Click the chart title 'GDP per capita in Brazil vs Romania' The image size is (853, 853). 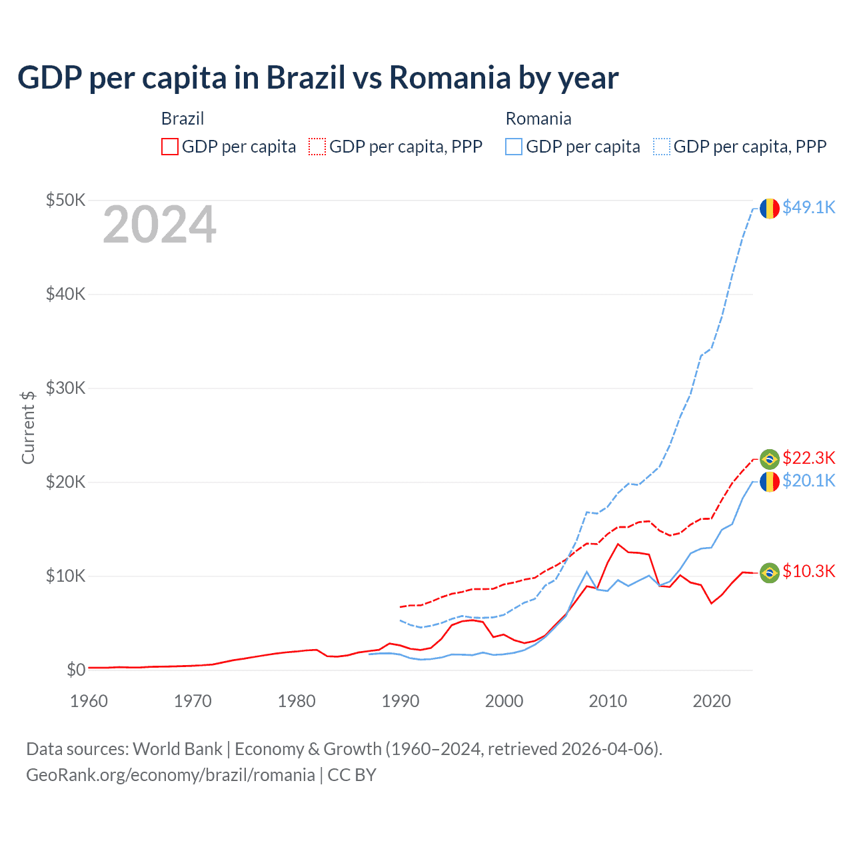coord(318,78)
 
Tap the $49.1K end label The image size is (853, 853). coord(808,208)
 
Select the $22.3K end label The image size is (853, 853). coord(808,458)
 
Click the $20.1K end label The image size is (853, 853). coord(808,480)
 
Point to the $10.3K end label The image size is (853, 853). coord(808,571)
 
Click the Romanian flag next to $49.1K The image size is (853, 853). coord(770,209)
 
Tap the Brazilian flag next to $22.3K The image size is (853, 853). coord(770,458)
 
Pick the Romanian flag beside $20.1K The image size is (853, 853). coord(770,481)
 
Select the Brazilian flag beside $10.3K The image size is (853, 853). coord(770,572)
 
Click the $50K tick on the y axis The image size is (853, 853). coord(65,200)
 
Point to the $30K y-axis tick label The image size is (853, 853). coord(65,388)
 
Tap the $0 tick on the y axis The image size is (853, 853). coord(76,670)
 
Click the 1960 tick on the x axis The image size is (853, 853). coord(89,701)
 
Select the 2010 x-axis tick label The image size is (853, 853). coord(608,701)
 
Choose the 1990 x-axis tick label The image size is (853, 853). coord(401,701)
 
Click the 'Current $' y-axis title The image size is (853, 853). coord(28,427)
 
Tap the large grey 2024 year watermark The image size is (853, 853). coord(159,225)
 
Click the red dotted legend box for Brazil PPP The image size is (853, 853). coord(317,147)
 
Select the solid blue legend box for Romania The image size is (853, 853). coord(514,147)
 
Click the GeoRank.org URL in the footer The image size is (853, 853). coord(171,775)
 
